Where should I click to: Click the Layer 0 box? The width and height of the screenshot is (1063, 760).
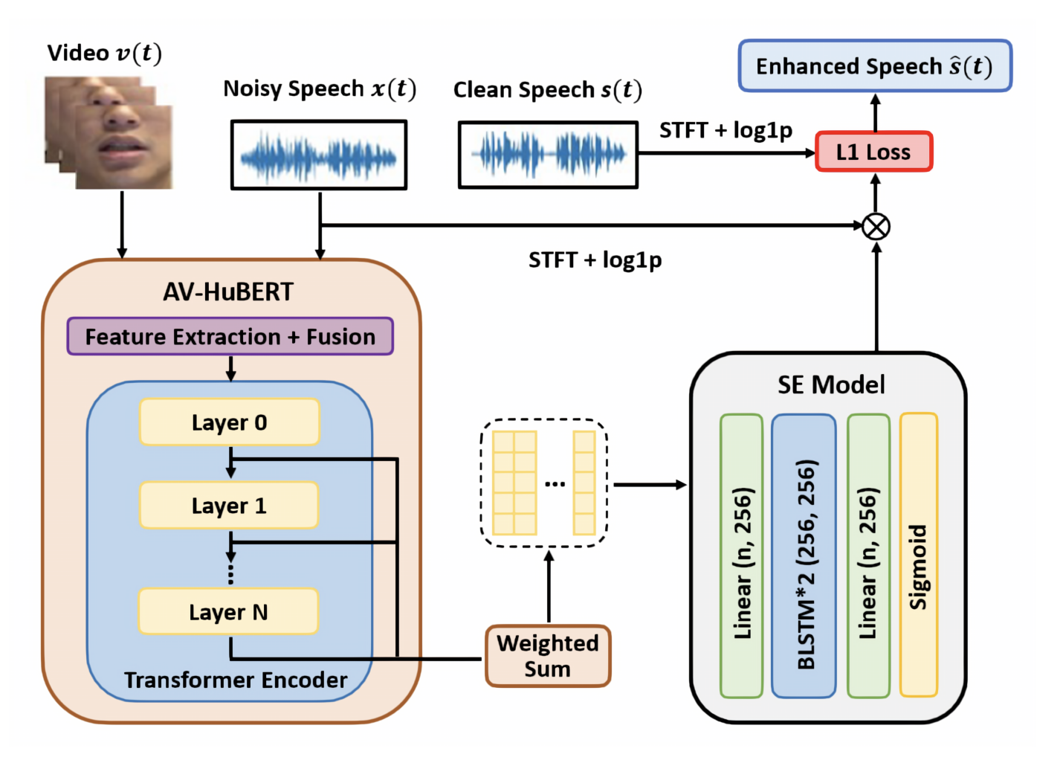pyautogui.click(x=229, y=422)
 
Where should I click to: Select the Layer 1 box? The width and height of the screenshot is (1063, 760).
pyautogui.click(x=229, y=506)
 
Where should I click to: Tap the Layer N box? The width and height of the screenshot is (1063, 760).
pyautogui.click(x=228, y=612)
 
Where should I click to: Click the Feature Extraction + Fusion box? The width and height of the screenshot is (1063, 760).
pyautogui.click(x=230, y=337)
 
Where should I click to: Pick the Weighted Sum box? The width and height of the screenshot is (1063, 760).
pyautogui.click(x=548, y=656)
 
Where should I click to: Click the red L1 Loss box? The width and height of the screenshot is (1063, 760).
pyautogui.click(x=873, y=152)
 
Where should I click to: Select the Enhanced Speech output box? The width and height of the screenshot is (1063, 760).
pyautogui.click(x=875, y=66)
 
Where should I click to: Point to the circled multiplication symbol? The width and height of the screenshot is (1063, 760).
pyautogui.click(x=876, y=226)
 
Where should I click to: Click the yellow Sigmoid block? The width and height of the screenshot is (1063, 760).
pyautogui.click(x=918, y=555)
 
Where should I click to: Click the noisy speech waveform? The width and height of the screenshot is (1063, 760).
pyautogui.click(x=319, y=155)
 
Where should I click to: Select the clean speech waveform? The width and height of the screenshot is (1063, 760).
pyautogui.click(x=548, y=155)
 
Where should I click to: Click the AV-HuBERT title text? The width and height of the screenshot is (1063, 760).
pyautogui.click(x=228, y=292)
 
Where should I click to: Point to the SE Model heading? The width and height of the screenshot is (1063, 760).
pyautogui.click(x=830, y=384)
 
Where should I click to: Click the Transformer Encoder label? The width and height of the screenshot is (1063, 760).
pyautogui.click(x=236, y=680)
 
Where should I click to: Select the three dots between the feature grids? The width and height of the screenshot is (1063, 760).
pyautogui.click(x=555, y=484)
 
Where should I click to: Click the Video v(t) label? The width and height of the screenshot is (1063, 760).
pyautogui.click(x=104, y=54)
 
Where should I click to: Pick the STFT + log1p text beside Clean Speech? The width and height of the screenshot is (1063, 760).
pyautogui.click(x=726, y=130)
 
